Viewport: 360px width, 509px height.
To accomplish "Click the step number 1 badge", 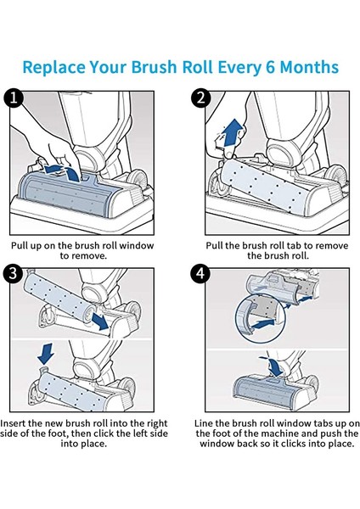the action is tap(14, 98).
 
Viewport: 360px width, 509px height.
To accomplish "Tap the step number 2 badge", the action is tap(201, 98).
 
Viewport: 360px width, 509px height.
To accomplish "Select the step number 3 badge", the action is tap(14, 274).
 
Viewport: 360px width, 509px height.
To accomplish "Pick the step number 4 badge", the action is tap(200, 274).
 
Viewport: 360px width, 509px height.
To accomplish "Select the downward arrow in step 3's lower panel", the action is tap(46, 354).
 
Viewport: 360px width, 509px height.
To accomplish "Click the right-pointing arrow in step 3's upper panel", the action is tap(100, 322).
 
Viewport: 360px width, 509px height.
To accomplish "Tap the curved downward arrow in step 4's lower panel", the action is tap(273, 366).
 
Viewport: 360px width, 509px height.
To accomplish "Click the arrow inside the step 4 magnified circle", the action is tap(263, 324).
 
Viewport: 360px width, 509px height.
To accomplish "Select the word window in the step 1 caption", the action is tap(136, 245).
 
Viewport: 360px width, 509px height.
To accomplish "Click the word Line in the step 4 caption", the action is tap(204, 423).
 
